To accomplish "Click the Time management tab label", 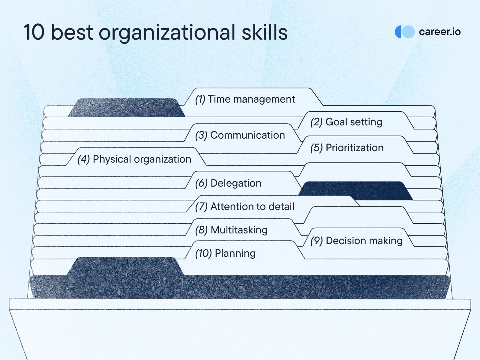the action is [245, 100].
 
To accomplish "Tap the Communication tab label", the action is [240, 135].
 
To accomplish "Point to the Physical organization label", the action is [134, 159].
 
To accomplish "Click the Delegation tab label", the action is [228, 183].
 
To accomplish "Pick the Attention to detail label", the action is [245, 207].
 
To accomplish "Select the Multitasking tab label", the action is [231, 230].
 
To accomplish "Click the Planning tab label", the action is [226, 253].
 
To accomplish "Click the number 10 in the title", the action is [34, 32].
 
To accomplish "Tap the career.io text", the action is [440, 32].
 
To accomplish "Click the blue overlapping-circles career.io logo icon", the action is [405, 32].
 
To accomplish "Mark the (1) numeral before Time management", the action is [200, 100].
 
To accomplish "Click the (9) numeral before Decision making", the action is [316, 241].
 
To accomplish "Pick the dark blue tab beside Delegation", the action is [355, 190].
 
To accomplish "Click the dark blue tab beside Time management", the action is [126, 107].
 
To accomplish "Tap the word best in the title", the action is [72, 32].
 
